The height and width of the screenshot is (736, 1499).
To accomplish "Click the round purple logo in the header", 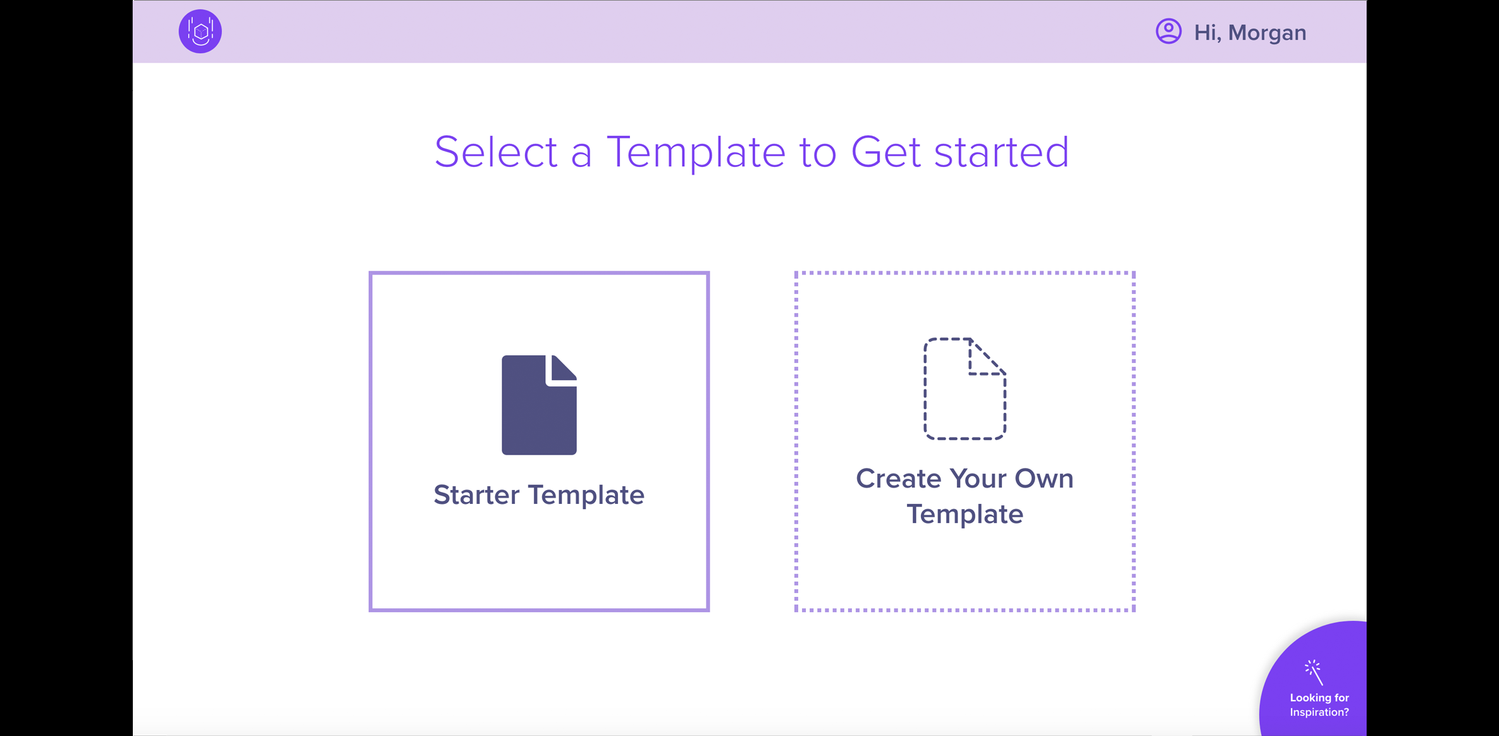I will pyautogui.click(x=200, y=31).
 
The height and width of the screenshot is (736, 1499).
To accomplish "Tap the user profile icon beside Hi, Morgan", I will pyautogui.click(x=1168, y=31).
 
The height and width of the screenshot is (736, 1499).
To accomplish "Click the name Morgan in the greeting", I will pyautogui.click(x=1267, y=33).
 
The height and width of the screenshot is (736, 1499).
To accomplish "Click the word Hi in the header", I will pyautogui.click(x=1206, y=33).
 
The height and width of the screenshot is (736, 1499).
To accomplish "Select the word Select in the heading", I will pyautogui.click(x=496, y=152).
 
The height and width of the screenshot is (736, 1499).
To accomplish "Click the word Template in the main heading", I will pyautogui.click(x=696, y=152).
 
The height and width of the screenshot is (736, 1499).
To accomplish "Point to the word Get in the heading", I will pyautogui.click(x=885, y=152).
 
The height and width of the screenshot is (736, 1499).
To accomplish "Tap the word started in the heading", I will pyautogui.click(x=1001, y=152).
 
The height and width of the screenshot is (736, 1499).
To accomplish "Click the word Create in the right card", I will pyautogui.click(x=899, y=479).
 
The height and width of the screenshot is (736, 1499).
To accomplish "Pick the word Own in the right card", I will pyautogui.click(x=1044, y=479).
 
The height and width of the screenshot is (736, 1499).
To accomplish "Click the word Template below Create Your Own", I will pyautogui.click(x=965, y=514).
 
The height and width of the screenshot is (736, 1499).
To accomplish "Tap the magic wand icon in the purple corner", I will pyautogui.click(x=1314, y=672).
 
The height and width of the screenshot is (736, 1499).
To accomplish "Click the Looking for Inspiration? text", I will pyautogui.click(x=1319, y=705).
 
